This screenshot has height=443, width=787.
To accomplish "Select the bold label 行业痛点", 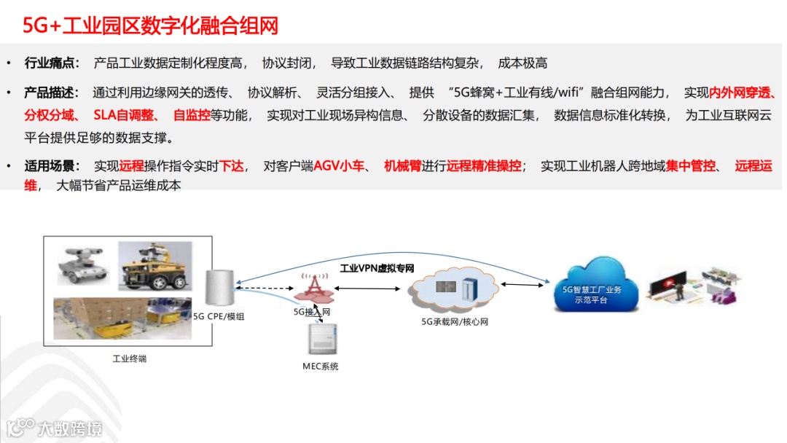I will pyautogui.click(x=52, y=63).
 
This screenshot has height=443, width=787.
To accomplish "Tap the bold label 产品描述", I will pyautogui.click(x=52, y=93).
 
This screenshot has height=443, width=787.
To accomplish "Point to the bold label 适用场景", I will pyautogui.click(x=52, y=166).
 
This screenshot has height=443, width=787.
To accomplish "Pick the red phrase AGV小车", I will pyautogui.click(x=339, y=166).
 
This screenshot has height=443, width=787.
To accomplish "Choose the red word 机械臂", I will pyautogui.click(x=403, y=166).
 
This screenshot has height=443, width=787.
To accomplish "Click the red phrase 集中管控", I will pyautogui.click(x=691, y=166).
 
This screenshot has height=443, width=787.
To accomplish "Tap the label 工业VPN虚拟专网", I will pyautogui.click(x=377, y=268).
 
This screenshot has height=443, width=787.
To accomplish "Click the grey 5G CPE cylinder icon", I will pyautogui.click(x=218, y=287).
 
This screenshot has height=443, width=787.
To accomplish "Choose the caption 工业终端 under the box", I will pyautogui.click(x=129, y=358).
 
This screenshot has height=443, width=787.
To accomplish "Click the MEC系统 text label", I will pyautogui.click(x=321, y=366).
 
